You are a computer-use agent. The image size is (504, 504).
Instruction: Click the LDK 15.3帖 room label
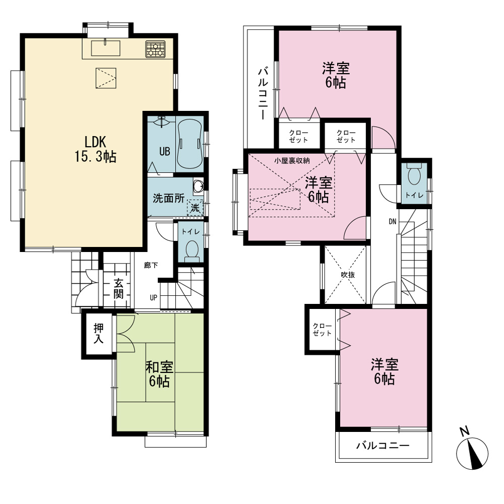[95, 150]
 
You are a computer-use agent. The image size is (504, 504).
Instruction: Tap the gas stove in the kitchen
[155, 49]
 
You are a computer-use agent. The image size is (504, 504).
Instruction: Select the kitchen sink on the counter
[105, 48]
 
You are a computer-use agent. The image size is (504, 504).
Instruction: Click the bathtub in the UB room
[190, 144]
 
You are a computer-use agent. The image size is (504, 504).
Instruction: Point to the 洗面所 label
[168, 198]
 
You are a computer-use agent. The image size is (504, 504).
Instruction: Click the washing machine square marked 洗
[195, 208]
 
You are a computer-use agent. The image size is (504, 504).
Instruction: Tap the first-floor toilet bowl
[192, 250]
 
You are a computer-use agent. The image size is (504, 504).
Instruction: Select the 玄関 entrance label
[118, 289]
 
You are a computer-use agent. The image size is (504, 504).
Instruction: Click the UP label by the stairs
[153, 298]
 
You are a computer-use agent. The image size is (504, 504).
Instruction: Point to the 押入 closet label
[99, 333]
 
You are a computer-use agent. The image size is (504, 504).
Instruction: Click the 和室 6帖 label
[159, 374]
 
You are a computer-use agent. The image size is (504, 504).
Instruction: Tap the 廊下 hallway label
[151, 265]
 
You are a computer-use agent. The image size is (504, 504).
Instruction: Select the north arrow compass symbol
[472, 450]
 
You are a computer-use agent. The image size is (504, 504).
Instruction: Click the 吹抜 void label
[348, 275]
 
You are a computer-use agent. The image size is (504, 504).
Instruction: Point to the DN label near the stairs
[393, 221]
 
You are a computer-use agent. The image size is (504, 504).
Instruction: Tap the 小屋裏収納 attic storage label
[292, 160]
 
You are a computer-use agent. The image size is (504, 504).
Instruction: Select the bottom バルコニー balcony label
[383, 446]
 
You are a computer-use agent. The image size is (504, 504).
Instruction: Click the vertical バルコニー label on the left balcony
[263, 94]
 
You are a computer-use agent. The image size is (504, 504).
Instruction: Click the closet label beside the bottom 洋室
[322, 330]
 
